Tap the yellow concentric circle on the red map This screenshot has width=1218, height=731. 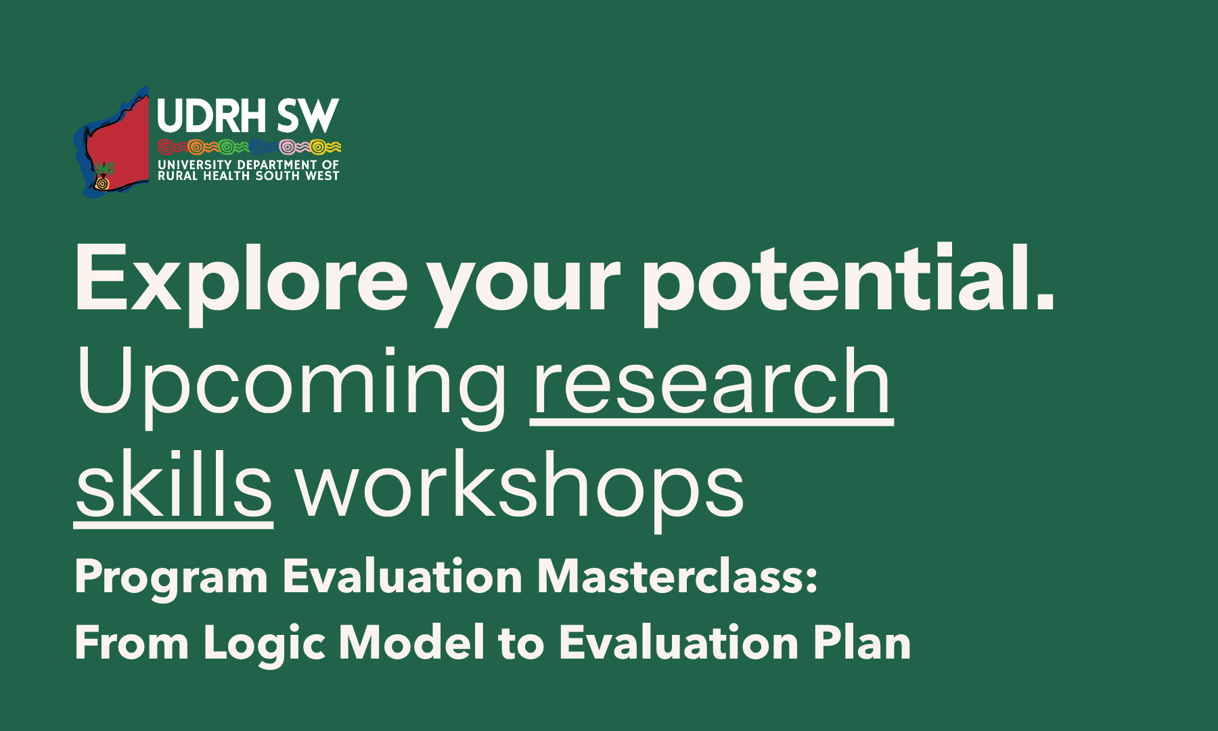pyautogui.click(x=102, y=183)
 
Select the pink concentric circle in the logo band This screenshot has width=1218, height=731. pyautogui.click(x=287, y=147)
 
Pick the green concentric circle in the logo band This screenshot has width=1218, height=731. pyautogui.click(x=227, y=147)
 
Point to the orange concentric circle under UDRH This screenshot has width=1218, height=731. pyautogui.click(x=196, y=147)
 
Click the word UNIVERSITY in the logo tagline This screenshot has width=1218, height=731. pyautogui.click(x=195, y=164)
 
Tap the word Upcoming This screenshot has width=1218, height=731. pyautogui.click(x=292, y=386)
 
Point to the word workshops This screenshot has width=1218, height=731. pyautogui.click(x=520, y=489)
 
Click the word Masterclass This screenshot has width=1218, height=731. pyautogui.click(x=677, y=577)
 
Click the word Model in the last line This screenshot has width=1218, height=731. pyautogui.click(x=412, y=642)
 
